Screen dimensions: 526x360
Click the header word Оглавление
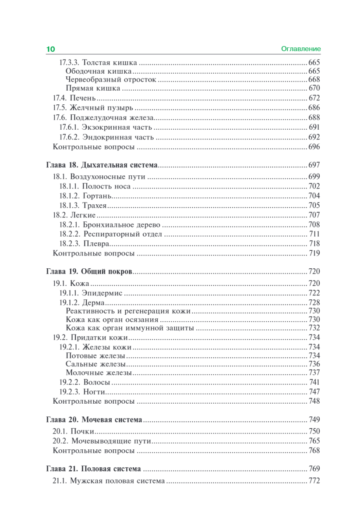point(301,49)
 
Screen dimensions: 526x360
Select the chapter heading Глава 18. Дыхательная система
point(102,165)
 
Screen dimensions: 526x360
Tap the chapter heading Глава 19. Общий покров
point(89,272)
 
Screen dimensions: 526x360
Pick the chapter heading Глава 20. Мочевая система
point(94,420)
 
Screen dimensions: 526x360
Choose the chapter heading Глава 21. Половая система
point(93,468)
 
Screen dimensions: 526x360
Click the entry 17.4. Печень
point(74,98)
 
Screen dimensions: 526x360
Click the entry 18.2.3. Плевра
point(85,243)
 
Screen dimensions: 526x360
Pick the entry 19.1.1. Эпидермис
point(91,293)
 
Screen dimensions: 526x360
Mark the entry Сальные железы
point(96,364)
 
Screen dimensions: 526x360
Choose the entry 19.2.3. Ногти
point(83,391)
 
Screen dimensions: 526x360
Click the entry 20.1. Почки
point(74,431)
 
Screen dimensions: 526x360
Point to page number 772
point(314,481)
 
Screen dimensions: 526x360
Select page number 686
point(314,107)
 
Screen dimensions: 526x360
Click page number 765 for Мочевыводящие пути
point(314,441)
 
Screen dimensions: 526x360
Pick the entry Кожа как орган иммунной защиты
point(130,327)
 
